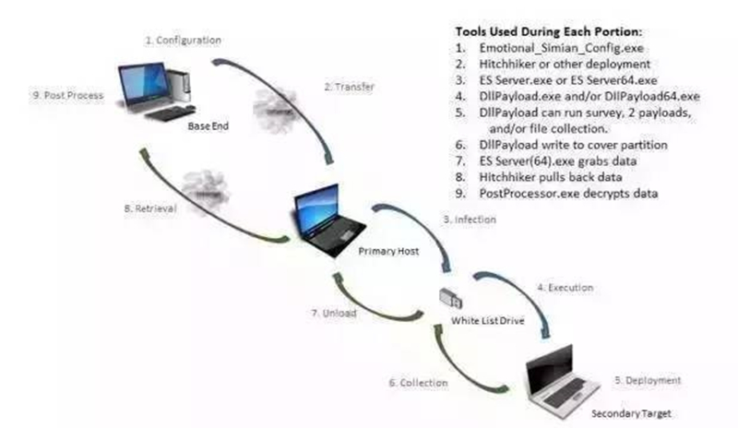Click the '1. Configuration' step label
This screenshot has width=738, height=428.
[x=184, y=42]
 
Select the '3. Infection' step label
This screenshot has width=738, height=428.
[x=472, y=220]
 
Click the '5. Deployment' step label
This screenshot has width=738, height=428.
[x=648, y=380]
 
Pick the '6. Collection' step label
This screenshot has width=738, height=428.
[x=418, y=382]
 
